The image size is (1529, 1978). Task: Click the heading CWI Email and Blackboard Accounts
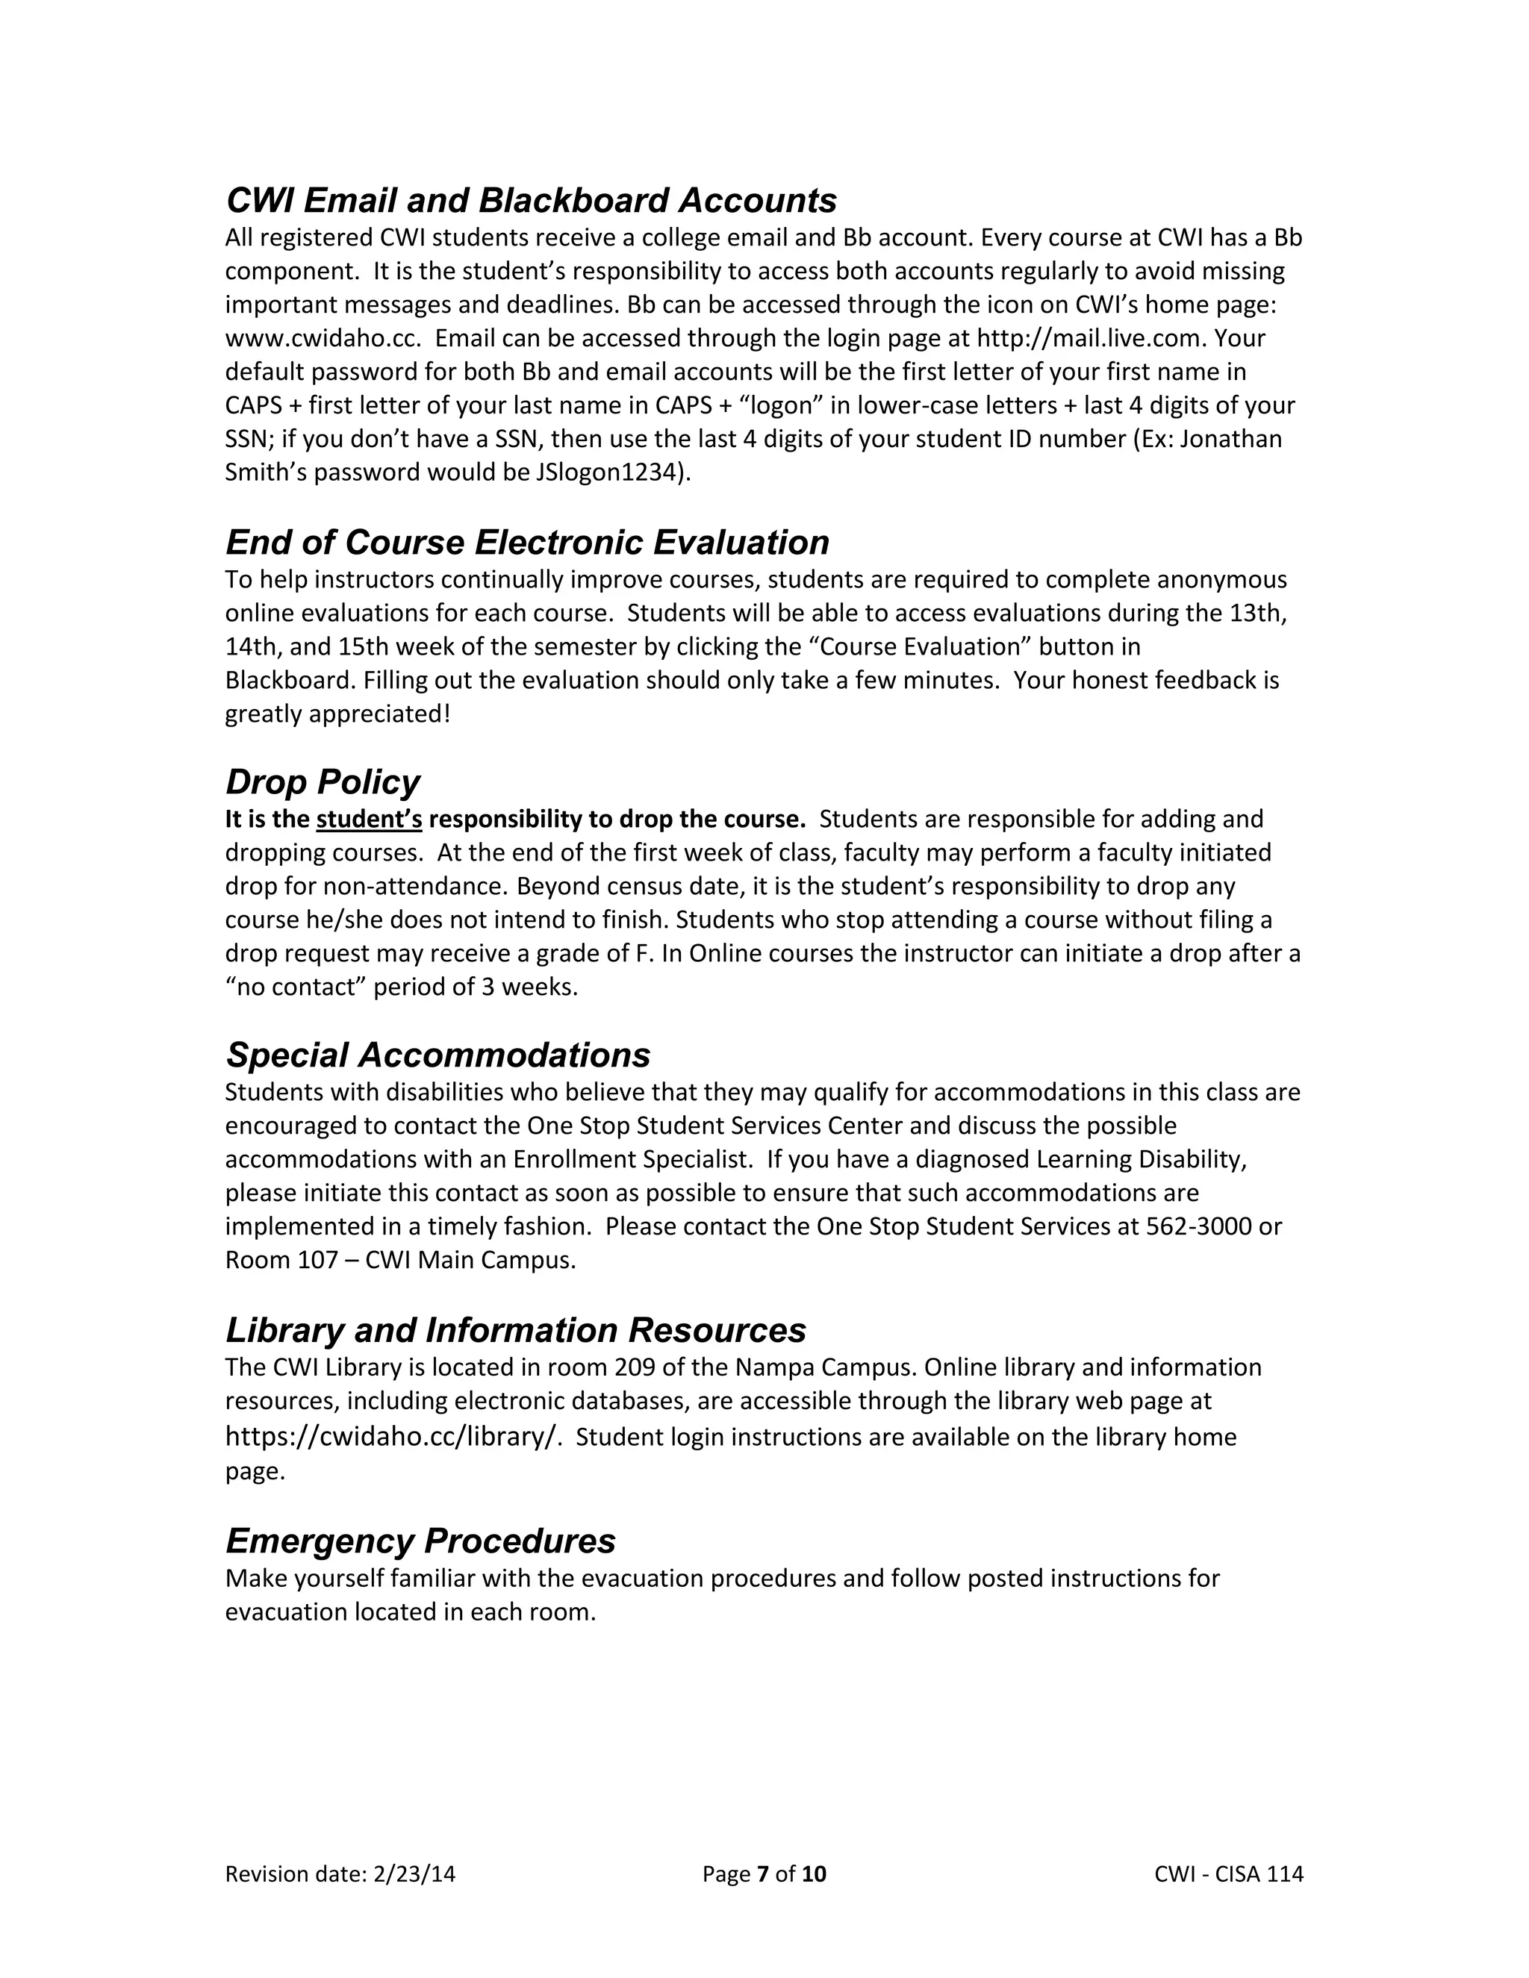pyautogui.click(x=531, y=200)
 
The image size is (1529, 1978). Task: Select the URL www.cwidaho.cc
pyautogui.click(x=323, y=339)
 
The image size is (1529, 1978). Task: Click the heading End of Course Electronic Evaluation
pyautogui.click(x=527, y=543)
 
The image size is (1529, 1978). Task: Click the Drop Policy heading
pyautogui.click(x=323, y=781)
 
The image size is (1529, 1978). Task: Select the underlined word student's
pyautogui.click(x=369, y=820)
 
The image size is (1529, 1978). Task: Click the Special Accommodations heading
pyautogui.click(x=437, y=1055)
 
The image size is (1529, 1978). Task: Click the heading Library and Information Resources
pyautogui.click(x=515, y=1330)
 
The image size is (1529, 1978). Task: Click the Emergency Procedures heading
pyautogui.click(x=420, y=1541)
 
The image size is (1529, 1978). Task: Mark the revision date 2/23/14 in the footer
pyautogui.click(x=414, y=1874)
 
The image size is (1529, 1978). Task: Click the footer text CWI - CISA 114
pyautogui.click(x=1228, y=1874)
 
